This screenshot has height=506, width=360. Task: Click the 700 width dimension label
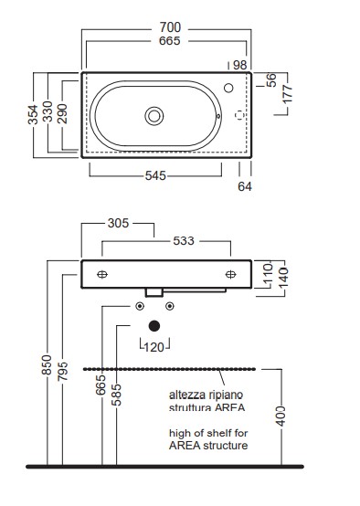point(170,27)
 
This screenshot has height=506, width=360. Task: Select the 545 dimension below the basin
point(155,176)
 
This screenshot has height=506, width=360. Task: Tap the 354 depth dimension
point(33,114)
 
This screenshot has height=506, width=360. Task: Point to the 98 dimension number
point(240,65)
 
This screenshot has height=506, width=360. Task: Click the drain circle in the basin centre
point(154,116)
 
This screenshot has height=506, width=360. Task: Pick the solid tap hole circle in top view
point(228,88)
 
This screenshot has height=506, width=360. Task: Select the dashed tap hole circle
point(239,115)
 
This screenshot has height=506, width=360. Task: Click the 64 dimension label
point(245,186)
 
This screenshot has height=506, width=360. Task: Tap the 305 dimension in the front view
point(118,223)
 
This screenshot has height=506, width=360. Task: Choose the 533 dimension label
point(184,241)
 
